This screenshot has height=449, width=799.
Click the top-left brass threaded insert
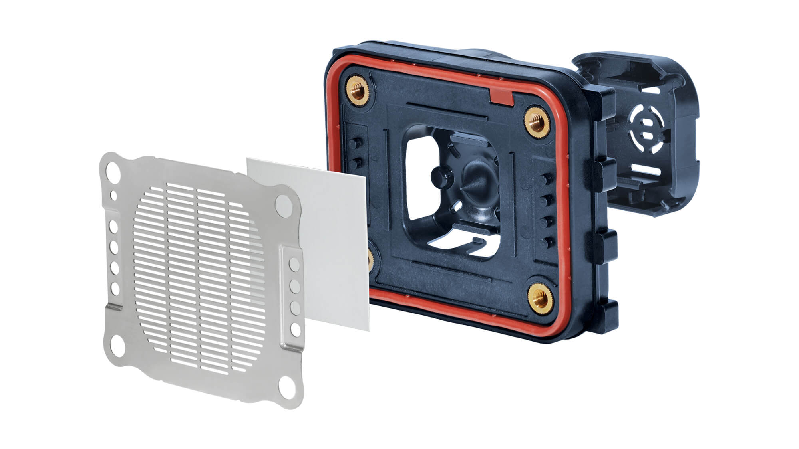359,91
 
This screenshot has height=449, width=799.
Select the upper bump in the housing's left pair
354,144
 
